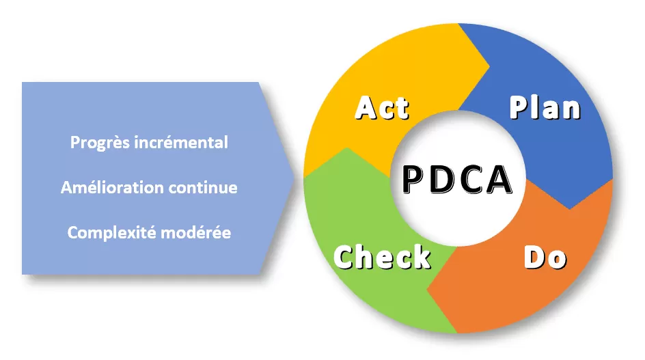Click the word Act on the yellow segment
pyautogui.click(x=382, y=108)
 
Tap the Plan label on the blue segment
pyautogui.click(x=545, y=107)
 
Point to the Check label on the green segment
pyautogui.click(x=382, y=257)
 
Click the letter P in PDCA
pyautogui.click(x=413, y=179)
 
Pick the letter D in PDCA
pyautogui.click(x=441, y=179)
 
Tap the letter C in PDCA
pyautogui.click(x=470, y=179)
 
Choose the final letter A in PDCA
pyautogui.click(x=499, y=179)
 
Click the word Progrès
pyautogui.click(x=100, y=143)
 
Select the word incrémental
pyautogui.click(x=181, y=142)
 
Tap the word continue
pyautogui.click(x=203, y=188)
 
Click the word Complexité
pyautogui.click(x=111, y=233)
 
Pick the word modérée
pyautogui.click(x=196, y=233)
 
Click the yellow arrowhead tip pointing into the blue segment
pyautogui.click(x=489, y=66)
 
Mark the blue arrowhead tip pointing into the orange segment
pyautogui.click(x=570, y=208)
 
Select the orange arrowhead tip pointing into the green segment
pyautogui.click(x=427, y=289)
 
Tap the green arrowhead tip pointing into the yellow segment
pyautogui.click(x=347, y=148)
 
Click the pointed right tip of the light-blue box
pyautogui.click(x=294, y=178)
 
